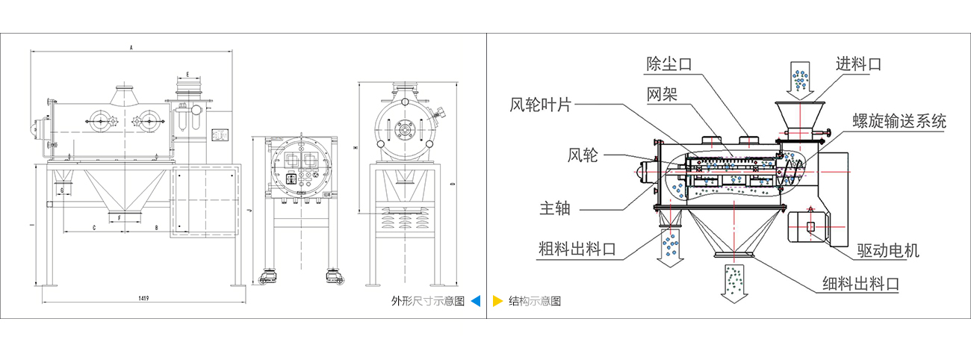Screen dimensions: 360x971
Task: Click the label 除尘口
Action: [668, 65]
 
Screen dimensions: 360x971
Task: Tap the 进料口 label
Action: [858, 64]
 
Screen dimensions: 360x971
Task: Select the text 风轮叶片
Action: [540, 105]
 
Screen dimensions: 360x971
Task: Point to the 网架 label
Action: [661, 93]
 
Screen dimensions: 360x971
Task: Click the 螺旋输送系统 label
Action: [899, 121]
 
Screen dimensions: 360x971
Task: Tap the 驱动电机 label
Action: [888, 250]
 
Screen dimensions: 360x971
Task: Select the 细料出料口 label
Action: [860, 284]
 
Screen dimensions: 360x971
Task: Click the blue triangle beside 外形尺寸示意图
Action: [475, 301]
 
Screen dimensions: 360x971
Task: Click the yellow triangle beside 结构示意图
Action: [497, 301]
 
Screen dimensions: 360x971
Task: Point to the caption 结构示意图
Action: [534, 301]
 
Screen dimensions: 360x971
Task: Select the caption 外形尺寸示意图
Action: [428, 301]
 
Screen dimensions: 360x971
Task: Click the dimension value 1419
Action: [142, 298]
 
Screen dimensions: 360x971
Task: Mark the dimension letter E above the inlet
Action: [187, 75]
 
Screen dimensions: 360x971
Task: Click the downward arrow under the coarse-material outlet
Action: [668, 245]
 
